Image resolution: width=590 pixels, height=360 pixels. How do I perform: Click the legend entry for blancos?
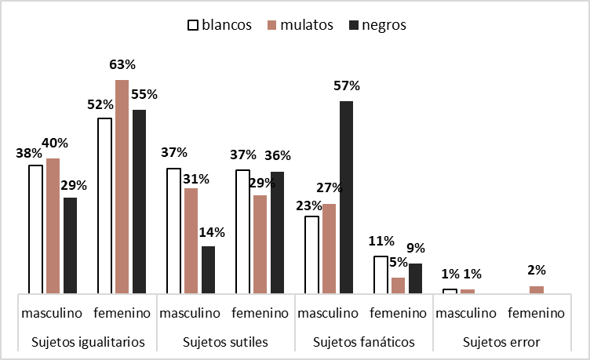(x=219, y=24)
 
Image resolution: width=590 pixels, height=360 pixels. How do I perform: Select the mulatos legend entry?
(x=300, y=24)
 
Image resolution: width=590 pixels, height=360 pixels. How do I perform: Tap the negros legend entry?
(x=377, y=24)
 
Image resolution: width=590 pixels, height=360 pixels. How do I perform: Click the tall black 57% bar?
(x=346, y=196)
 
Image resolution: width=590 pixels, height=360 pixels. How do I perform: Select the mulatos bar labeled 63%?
(x=122, y=187)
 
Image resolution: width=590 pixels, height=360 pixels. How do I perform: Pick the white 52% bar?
(x=104, y=205)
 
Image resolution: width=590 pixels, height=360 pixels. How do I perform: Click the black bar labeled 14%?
(x=208, y=270)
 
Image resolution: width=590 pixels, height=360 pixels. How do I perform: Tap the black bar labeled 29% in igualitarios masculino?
(x=71, y=245)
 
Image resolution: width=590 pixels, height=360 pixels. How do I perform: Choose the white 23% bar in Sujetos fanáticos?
(x=311, y=254)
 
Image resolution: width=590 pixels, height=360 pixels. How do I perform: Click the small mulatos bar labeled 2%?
(x=536, y=289)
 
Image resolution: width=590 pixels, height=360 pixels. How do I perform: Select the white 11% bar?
(x=381, y=274)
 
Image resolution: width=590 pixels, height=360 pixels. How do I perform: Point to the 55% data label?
(x=145, y=95)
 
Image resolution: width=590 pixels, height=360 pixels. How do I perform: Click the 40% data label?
(x=54, y=143)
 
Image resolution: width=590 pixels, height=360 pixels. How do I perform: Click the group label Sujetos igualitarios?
(x=88, y=342)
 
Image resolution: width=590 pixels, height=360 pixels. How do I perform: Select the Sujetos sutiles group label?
(x=225, y=342)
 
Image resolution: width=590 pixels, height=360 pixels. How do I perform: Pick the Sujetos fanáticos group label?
(x=363, y=342)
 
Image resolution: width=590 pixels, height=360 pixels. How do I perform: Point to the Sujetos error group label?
(x=501, y=342)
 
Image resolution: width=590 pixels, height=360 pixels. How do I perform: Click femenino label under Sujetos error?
(x=536, y=313)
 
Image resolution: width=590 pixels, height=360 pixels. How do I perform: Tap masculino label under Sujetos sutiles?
(x=191, y=313)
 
